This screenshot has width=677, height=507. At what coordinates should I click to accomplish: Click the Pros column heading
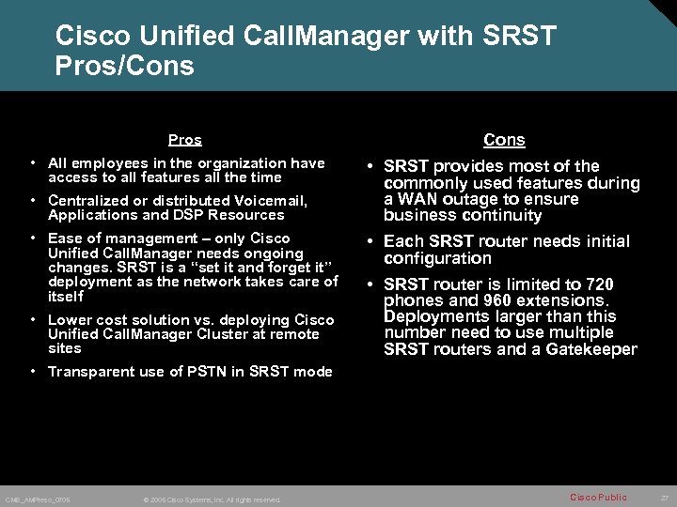(184, 140)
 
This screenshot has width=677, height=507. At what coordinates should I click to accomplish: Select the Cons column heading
(504, 140)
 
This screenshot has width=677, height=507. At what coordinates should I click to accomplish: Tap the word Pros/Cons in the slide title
(125, 67)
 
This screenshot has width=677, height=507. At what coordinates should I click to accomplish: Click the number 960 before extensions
(501, 301)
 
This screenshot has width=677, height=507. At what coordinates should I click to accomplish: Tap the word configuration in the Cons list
(437, 258)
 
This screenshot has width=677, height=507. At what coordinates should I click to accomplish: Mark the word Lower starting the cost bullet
(69, 320)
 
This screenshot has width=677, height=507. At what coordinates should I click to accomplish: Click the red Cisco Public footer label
(597, 497)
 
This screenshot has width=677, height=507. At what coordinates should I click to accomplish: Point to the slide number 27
(664, 497)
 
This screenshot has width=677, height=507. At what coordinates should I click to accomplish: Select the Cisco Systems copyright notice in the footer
(210, 499)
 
